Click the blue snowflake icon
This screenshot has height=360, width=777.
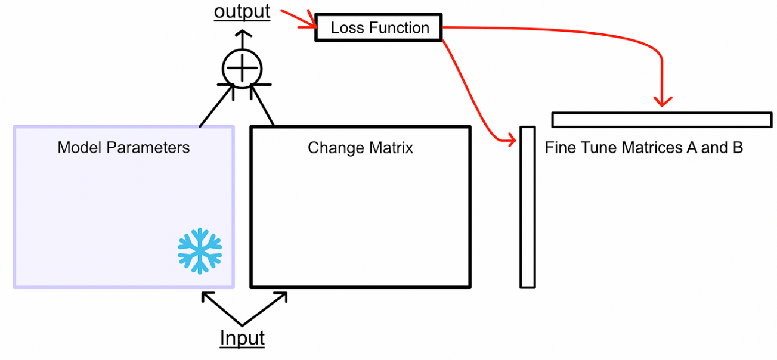point(200,250)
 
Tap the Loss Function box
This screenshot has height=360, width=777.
point(379,28)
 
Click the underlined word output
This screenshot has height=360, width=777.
point(242,11)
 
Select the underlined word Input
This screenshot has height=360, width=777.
point(242,338)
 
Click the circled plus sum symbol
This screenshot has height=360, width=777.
point(242,69)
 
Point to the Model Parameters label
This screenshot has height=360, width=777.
point(123,147)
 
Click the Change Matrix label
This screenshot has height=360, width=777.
point(360,147)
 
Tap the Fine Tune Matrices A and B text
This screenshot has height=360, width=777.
point(644,147)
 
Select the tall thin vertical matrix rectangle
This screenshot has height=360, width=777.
point(527,207)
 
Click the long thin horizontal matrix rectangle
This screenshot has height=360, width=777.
point(662,119)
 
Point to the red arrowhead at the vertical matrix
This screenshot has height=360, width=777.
point(510,141)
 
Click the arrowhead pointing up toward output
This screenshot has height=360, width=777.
point(242,37)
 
